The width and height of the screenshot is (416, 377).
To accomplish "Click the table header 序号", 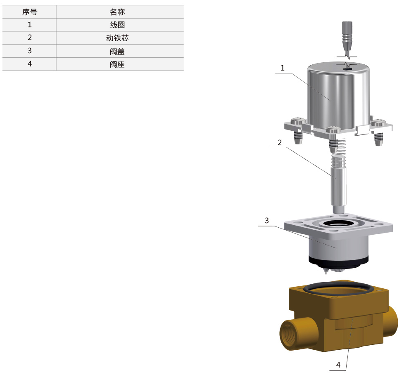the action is tap(29, 12).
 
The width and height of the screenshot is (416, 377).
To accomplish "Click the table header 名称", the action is tap(117, 12).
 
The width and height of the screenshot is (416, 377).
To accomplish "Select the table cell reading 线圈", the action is tap(117, 25).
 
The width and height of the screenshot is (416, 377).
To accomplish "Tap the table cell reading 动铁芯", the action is tap(117, 38).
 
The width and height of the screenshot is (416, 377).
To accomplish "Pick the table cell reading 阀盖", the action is tap(117, 51).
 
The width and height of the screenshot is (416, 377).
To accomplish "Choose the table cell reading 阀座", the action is tap(117, 64).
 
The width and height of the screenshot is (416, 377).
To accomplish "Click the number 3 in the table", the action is tap(30, 51).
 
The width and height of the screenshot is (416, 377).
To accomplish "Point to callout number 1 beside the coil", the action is tap(282, 68).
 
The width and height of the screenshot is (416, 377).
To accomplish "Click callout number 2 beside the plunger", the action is tap(279, 143).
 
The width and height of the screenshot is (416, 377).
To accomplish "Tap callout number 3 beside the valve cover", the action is tap(266, 220).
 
